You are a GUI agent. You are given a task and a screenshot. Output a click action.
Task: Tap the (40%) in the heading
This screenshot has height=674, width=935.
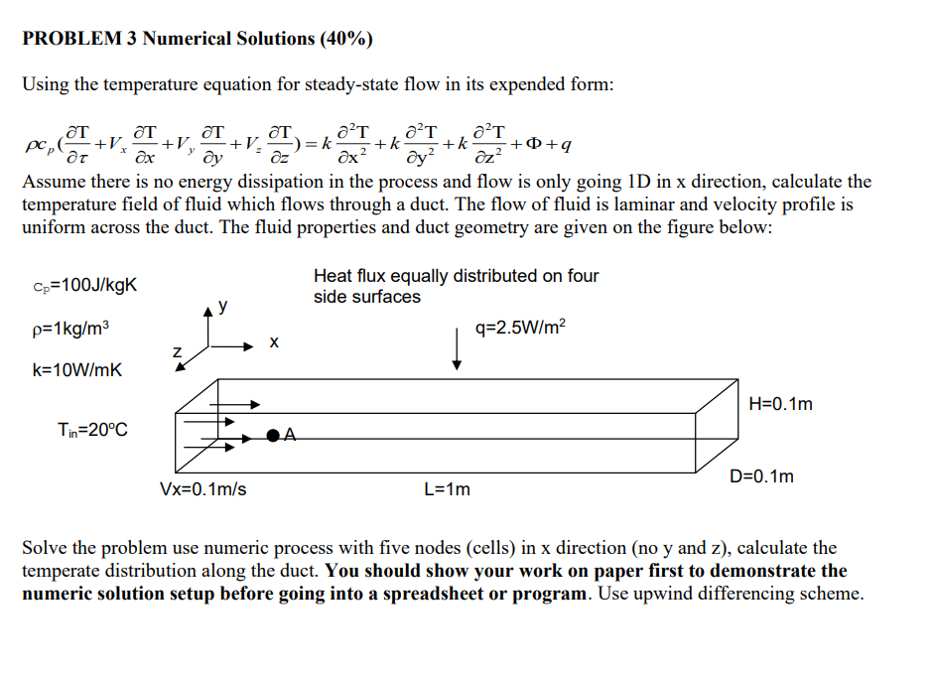point(346,39)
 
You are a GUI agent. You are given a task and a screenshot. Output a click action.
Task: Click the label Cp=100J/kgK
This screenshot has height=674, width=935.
point(83,287)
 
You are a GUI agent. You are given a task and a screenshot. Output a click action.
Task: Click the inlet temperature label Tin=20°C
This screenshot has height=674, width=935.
point(92,430)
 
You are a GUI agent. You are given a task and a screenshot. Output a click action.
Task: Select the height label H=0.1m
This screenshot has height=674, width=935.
point(783,403)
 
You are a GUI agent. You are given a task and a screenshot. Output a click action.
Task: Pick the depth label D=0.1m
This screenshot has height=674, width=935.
point(761,476)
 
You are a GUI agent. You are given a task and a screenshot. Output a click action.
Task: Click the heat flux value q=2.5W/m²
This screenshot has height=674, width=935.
point(522,328)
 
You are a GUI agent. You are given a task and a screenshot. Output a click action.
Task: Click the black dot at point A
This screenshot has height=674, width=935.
point(271,435)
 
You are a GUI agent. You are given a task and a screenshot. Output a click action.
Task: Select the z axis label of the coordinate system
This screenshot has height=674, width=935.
point(177,350)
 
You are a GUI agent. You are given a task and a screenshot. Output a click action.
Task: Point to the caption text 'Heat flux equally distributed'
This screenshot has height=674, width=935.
point(456,276)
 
